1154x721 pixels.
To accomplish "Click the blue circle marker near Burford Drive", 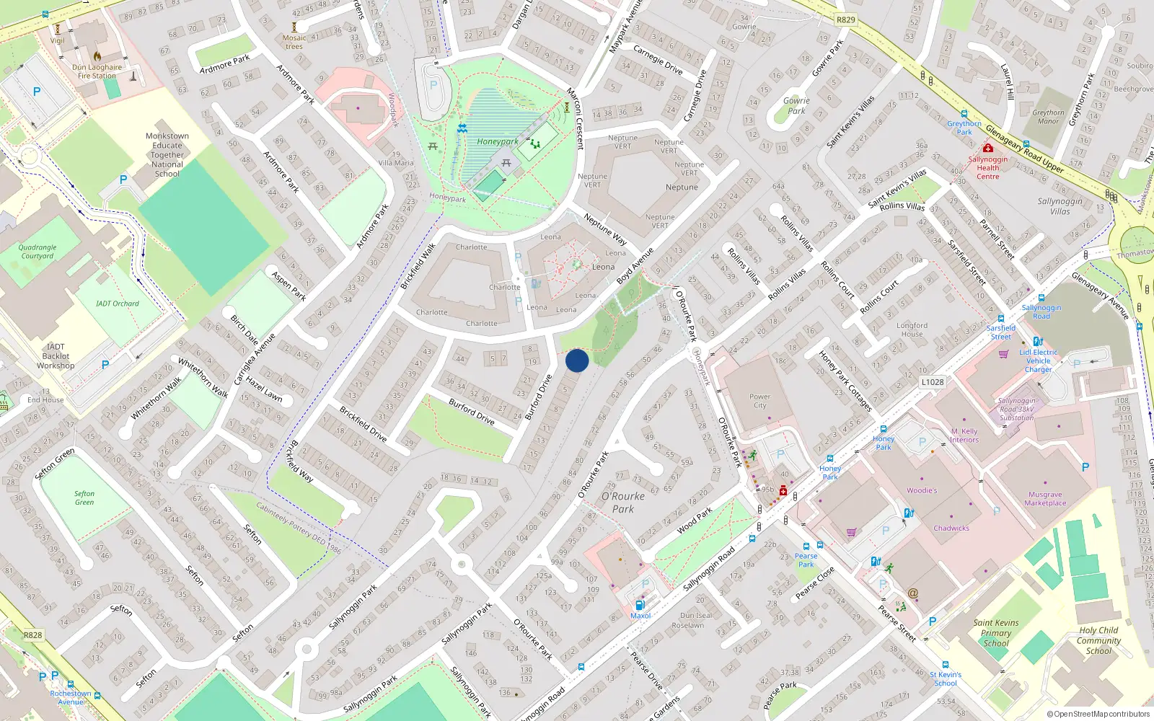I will [x=577, y=360].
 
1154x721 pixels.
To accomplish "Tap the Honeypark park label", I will [x=498, y=142].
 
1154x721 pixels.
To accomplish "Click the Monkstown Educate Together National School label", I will [x=167, y=154].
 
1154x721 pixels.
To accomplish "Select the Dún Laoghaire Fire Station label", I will [x=97, y=71].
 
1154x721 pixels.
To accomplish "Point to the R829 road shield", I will [x=846, y=20].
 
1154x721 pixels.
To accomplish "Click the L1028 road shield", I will [x=932, y=381].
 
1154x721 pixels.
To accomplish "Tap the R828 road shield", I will [x=32, y=635].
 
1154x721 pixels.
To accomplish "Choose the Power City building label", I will [x=759, y=401].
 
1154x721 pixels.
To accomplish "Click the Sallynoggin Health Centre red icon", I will [x=987, y=148].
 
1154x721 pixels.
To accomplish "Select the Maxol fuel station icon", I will [x=640, y=605].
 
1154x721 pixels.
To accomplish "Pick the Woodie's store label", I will [x=922, y=490].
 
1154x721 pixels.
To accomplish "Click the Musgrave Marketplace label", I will [x=1045, y=499].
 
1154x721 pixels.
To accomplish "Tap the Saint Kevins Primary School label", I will [x=996, y=633].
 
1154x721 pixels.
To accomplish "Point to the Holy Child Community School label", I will [x=1098, y=640].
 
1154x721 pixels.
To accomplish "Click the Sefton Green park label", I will [x=84, y=497].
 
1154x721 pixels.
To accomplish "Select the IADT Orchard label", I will [x=117, y=304].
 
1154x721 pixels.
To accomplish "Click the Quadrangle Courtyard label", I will [x=38, y=252].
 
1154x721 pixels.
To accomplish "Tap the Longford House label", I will [x=912, y=329].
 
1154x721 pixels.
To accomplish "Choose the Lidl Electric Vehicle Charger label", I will [x=1039, y=360].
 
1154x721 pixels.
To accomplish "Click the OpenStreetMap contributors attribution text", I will [x=1098, y=714].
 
